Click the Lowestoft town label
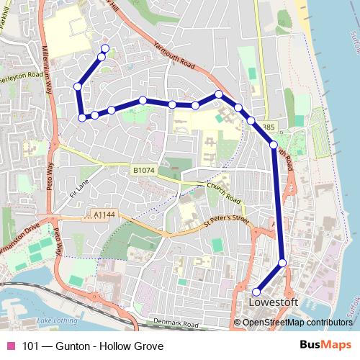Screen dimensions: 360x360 (x=271, y=302)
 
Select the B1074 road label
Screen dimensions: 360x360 (x=144, y=170)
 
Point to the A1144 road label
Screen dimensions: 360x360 (x=104, y=215)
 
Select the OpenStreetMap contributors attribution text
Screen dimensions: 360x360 (x=297, y=323)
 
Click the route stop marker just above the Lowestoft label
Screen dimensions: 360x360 (x=256, y=292)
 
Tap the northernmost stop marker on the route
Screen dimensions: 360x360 (x=105, y=49)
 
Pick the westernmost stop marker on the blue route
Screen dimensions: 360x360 (x=78, y=87)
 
